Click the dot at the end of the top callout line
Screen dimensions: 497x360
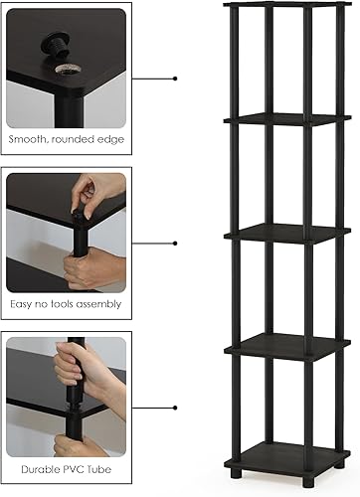click(176, 77)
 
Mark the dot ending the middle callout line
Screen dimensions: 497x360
click(176, 242)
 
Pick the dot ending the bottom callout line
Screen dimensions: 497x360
click(176, 407)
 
